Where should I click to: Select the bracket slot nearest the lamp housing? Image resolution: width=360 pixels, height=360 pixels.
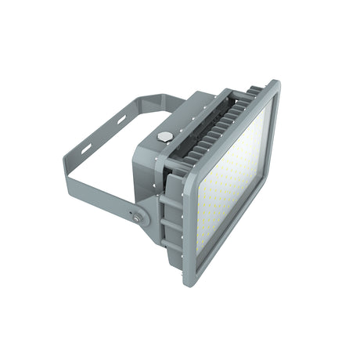(x=122, y=123)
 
